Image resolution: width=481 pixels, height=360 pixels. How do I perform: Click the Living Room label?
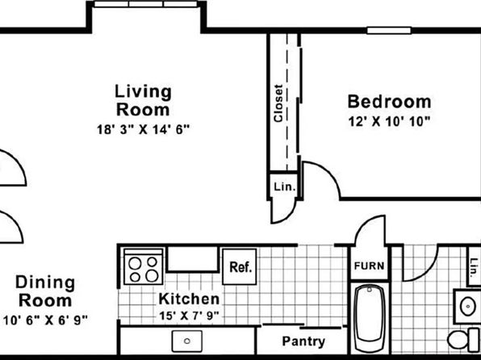click(x=143, y=100)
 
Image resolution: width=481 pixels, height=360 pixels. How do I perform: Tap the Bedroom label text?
click(x=389, y=102)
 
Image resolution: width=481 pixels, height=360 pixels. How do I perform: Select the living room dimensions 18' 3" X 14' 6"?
click(x=144, y=129)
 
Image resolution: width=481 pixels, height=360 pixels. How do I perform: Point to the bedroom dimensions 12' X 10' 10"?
click(x=389, y=122)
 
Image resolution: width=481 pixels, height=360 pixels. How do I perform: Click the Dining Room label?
click(x=45, y=291)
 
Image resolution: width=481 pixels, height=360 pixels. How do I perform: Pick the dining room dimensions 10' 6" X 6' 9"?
click(x=45, y=320)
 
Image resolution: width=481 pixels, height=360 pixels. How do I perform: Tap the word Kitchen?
click(x=189, y=299)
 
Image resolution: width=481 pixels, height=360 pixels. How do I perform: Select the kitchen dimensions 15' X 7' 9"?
click(x=189, y=315)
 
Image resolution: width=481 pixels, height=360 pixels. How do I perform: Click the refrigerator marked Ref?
click(x=240, y=266)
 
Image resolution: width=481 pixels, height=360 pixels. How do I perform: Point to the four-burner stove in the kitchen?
click(x=144, y=266)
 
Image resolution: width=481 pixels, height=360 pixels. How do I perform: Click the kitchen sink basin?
click(x=186, y=341)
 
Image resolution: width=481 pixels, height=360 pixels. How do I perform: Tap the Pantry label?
click(x=303, y=341)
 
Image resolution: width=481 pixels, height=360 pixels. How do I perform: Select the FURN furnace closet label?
click(x=369, y=266)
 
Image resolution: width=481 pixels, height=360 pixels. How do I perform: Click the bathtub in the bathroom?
click(x=370, y=318)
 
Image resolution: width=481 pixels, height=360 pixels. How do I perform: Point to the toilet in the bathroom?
click(x=463, y=340)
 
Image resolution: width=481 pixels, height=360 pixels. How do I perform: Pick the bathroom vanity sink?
click(x=468, y=306)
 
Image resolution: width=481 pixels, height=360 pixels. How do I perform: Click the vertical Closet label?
click(x=278, y=103)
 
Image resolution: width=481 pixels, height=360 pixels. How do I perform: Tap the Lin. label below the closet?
click(x=285, y=186)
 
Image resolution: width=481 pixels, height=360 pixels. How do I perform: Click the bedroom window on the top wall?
click(x=389, y=31)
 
